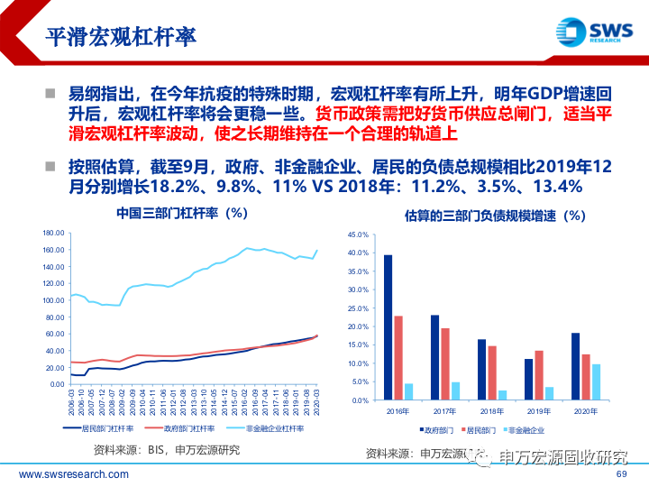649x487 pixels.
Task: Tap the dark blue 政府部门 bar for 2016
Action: coord(388,327)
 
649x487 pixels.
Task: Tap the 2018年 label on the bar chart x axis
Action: coord(492,410)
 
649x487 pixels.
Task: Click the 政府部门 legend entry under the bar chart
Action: coord(443,430)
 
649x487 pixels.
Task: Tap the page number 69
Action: coord(620,474)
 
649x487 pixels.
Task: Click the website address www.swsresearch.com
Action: coord(62,475)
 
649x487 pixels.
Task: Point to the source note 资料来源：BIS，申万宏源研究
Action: coord(167,449)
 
